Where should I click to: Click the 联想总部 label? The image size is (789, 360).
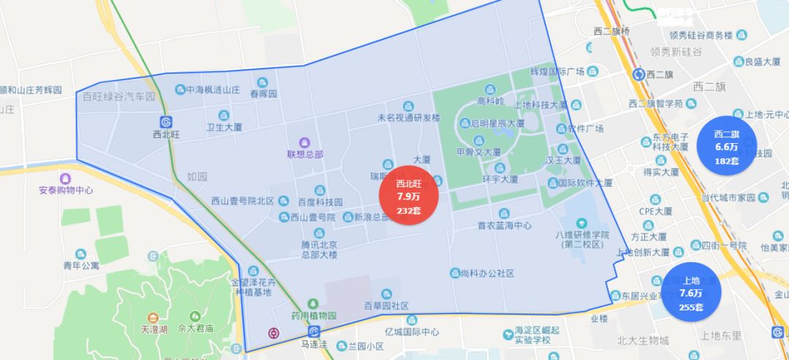305,154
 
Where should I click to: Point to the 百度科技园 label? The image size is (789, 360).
319,202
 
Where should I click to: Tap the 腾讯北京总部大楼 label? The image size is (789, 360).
319,248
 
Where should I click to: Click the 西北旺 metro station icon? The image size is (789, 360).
166,121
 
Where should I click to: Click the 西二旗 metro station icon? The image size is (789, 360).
641,74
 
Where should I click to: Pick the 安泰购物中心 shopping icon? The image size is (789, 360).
66,177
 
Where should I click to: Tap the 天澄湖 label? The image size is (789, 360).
153,329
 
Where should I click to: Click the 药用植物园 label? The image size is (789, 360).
313,315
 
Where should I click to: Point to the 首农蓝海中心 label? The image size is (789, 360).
504,226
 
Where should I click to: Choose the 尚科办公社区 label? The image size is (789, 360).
488,273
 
